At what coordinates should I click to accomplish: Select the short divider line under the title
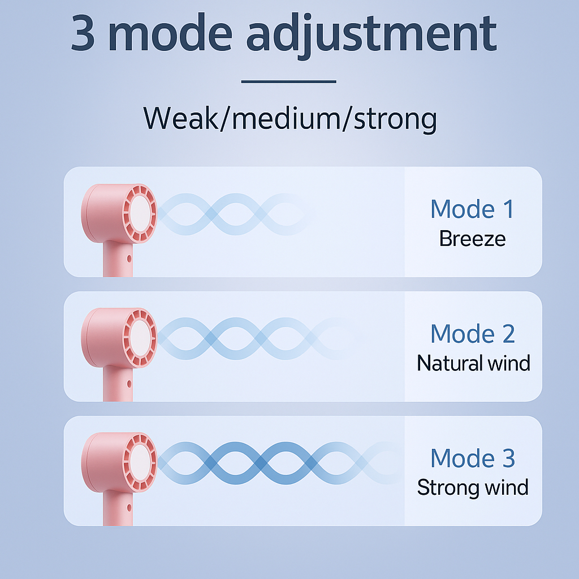(x=289, y=81)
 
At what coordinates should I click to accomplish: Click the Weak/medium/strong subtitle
(x=290, y=119)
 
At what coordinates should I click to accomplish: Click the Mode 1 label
(x=472, y=209)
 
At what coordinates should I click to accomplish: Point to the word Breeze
(x=472, y=239)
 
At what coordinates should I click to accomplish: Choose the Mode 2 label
(x=472, y=334)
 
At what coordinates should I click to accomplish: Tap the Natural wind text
(x=473, y=363)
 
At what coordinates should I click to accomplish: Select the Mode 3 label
(x=472, y=458)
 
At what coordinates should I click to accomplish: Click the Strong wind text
(x=473, y=487)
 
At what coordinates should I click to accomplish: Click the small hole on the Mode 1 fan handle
(x=129, y=258)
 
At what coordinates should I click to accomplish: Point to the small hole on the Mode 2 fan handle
(x=129, y=383)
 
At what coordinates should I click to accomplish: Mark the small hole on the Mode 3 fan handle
(x=129, y=508)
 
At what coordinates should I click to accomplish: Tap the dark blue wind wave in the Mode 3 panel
(x=260, y=463)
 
